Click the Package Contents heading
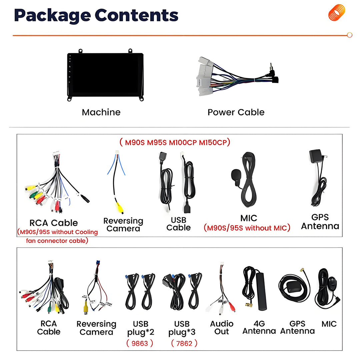(96, 15)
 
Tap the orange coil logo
(337, 12)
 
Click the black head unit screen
(105, 75)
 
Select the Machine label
(101, 112)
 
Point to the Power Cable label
(236, 112)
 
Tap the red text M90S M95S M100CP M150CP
(175, 142)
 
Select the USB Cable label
(178, 224)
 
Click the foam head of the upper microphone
(236, 175)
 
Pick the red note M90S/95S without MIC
(247, 228)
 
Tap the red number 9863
(140, 343)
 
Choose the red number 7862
(184, 343)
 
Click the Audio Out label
(222, 327)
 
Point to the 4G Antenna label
(259, 327)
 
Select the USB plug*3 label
(182, 328)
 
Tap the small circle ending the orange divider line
(350, 35)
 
